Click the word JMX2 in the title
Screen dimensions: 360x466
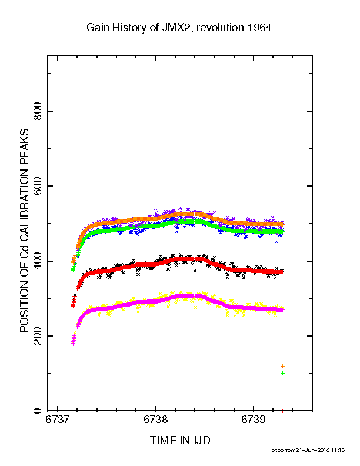pyautogui.click(x=175, y=28)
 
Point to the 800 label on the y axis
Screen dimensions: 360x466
pyautogui.click(x=38, y=111)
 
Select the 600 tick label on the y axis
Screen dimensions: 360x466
pyautogui.click(x=38, y=186)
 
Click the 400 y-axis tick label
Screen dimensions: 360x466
pyautogui.click(x=38, y=261)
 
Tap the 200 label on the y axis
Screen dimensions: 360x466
pyautogui.click(x=38, y=336)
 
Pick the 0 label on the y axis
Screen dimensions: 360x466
pyautogui.click(x=38, y=411)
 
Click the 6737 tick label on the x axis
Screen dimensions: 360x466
pyautogui.click(x=57, y=420)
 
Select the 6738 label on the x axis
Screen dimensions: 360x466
pyautogui.click(x=155, y=420)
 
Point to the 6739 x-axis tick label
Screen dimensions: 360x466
pyautogui.click(x=253, y=420)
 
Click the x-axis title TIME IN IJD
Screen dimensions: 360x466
pyautogui.click(x=180, y=440)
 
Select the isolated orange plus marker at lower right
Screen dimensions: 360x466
pyautogui.click(x=282, y=366)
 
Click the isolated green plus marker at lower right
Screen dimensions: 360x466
pyautogui.click(x=282, y=373)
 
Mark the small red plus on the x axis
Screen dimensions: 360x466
pyautogui.click(x=282, y=411)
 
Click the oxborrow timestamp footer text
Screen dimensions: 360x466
pyautogui.click(x=308, y=450)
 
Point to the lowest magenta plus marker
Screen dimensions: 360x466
pyautogui.click(x=74, y=343)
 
